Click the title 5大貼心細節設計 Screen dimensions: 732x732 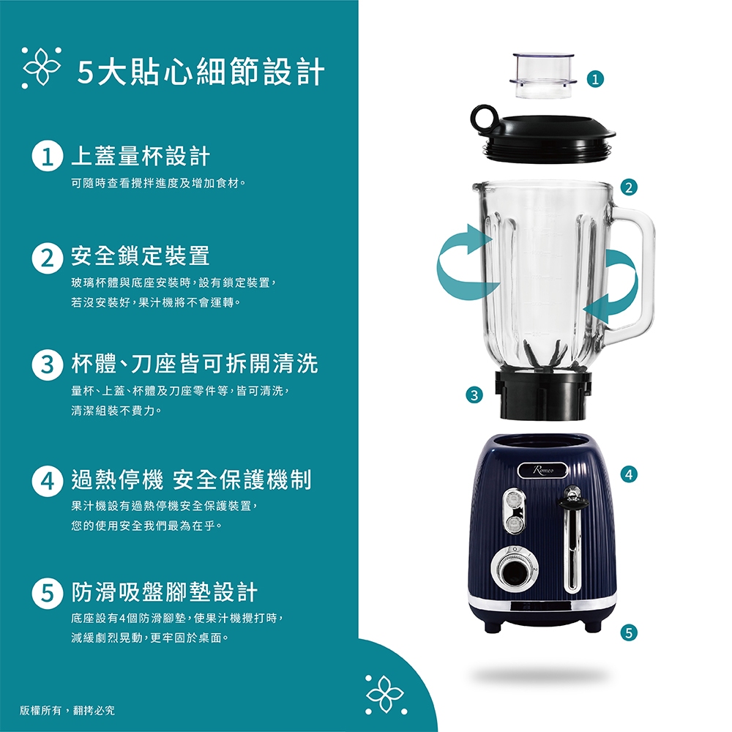coord(201,72)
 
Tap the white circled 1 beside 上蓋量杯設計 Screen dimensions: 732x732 coord(45,157)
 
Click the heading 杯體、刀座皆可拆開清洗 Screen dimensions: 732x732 coord(194,362)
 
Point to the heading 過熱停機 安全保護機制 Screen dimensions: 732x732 coord(191,480)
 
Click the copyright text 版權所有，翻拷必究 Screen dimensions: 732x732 coord(67,709)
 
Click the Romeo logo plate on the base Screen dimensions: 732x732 coord(542,472)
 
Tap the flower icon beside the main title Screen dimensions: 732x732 coord(42,70)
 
